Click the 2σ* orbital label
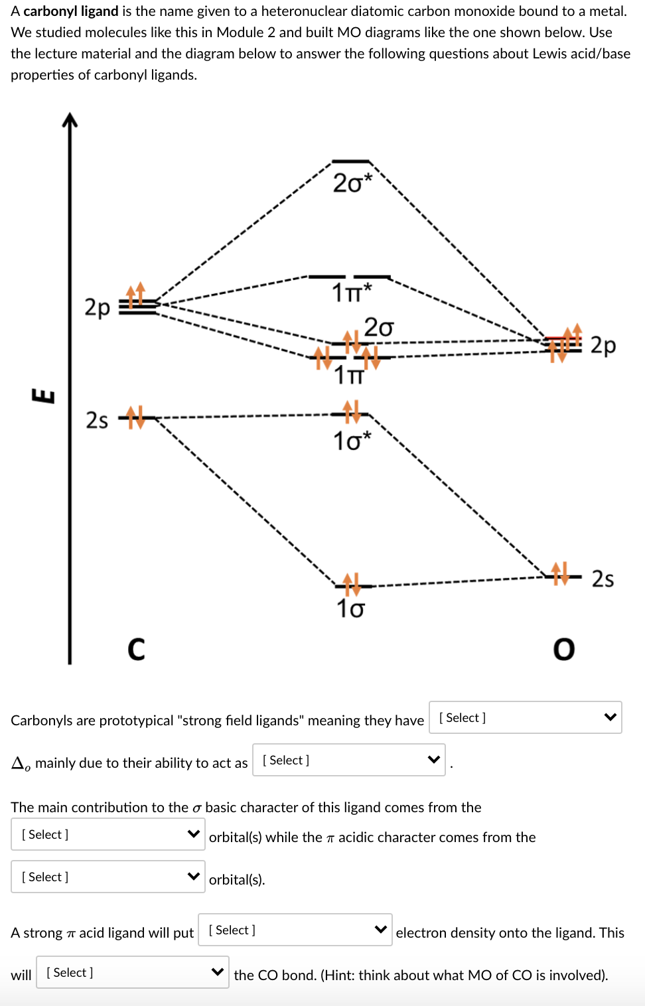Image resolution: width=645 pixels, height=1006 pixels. click(x=352, y=183)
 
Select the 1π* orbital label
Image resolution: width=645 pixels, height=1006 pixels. click(x=352, y=293)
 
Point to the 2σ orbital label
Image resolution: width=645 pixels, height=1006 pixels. click(x=378, y=327)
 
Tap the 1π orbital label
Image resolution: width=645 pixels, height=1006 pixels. click(x=349, y=376)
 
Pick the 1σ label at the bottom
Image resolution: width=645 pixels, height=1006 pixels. click(x=350, y=609)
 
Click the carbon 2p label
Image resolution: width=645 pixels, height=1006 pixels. click(x=97, y=308)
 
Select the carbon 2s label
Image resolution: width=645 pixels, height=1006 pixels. click(x=97, y=421)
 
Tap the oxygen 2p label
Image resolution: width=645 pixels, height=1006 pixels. click(x=603, y=346)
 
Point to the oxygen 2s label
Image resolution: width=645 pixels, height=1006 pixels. click(x=603, y=579)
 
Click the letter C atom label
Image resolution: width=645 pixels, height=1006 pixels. click(x=136, y=649)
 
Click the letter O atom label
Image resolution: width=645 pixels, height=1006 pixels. click(x=564, y=649)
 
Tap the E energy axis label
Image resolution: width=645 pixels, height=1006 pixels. click(x=44, y=396)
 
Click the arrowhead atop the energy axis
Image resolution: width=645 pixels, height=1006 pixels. click(x=70, y=119)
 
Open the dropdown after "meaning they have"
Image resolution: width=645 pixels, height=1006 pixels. click(x=525, y=717)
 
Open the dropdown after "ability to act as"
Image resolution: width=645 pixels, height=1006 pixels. click(x=348, y=760)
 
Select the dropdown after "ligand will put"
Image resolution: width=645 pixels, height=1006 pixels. click(x=295, y=930)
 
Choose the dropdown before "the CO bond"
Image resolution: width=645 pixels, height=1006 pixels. click(x=132, y=972)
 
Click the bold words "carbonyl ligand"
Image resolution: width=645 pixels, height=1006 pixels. click(x=71, y=11)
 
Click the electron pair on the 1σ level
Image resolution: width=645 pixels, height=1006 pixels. click(x=351, y=584)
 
